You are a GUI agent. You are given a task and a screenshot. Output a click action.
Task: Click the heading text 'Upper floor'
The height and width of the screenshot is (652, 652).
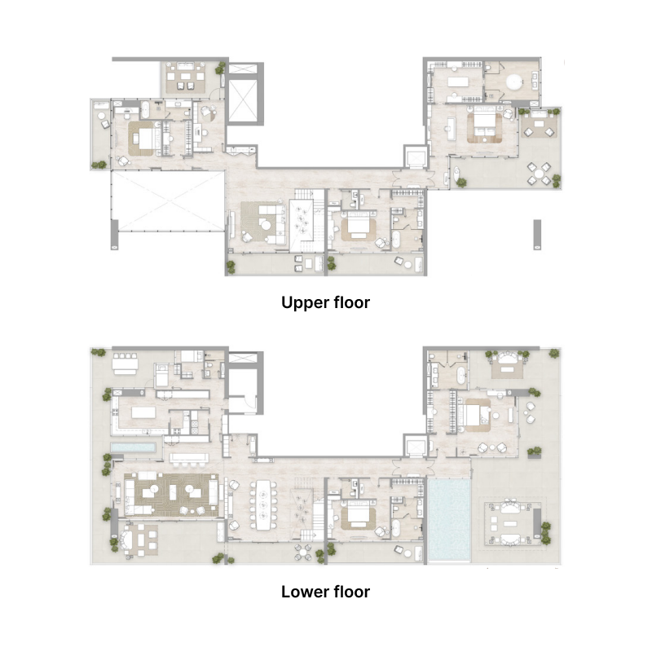[325, 303]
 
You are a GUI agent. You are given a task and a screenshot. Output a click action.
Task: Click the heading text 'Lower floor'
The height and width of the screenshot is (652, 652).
[325, 592]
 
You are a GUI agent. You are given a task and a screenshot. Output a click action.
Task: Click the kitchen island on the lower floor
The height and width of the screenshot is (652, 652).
[143, 413]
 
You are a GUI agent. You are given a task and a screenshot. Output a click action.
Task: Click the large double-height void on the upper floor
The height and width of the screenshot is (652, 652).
[166, 200]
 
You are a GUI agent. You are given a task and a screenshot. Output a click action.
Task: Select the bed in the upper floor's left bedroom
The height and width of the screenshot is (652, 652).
[146, 137]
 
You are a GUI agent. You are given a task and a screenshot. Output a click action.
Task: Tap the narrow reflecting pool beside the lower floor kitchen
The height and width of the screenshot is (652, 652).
[133, 449]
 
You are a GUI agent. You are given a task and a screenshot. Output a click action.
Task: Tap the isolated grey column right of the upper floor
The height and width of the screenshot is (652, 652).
[536, 234]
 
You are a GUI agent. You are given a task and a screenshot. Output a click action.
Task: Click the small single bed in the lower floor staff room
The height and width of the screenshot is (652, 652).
[162, 375]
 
